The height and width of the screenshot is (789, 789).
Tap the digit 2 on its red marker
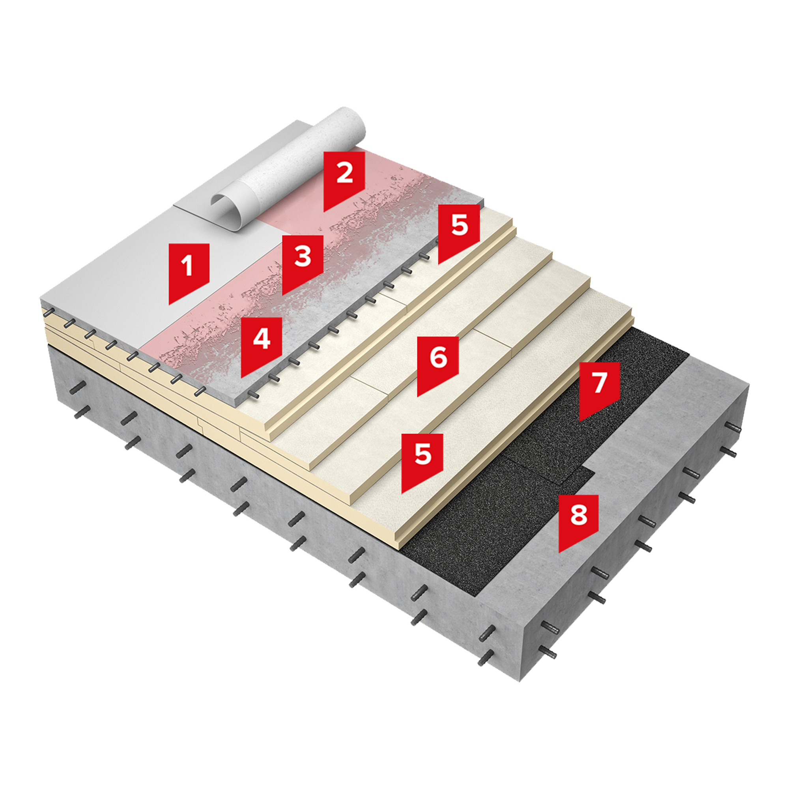[x=344, y=173]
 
